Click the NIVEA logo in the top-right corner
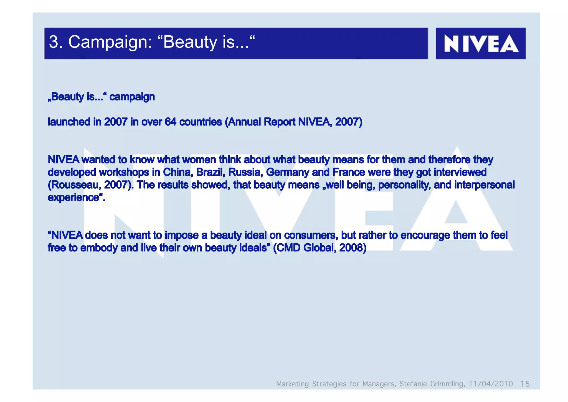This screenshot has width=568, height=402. [x=481, y=44]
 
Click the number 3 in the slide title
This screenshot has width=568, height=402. [x=54, y=42]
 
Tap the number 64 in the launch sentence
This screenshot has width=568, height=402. [x=170, y=122]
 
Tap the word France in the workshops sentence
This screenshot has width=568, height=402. [x=349, y=172]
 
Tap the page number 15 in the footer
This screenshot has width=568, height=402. [x=525, y=384]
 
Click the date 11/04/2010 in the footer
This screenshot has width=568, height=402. [x=491, y=384]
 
